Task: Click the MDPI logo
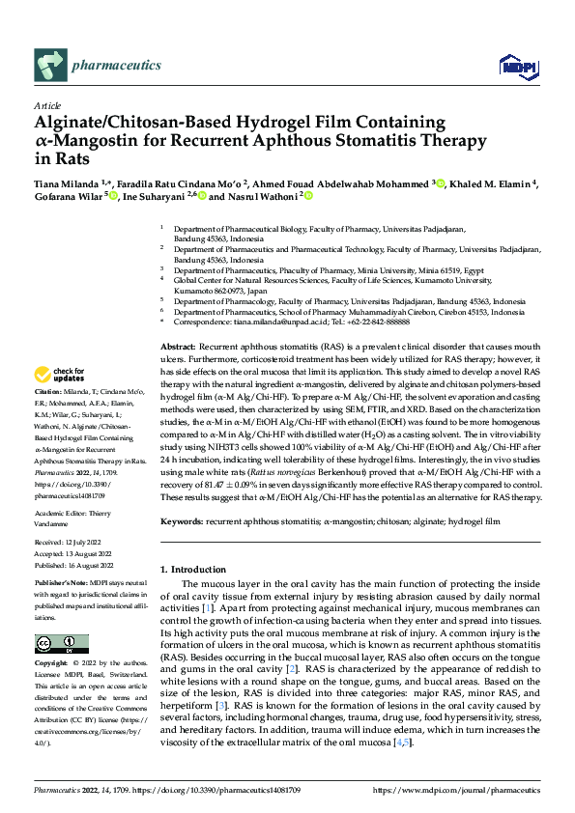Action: pyautogui.click(x=512, y=67)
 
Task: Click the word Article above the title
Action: pyautogui.click(x=47, y=105)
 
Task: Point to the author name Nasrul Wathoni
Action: pyautogui.click(x=262, y=196)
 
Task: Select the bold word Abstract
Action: pyautogui.click(x=179, y=346)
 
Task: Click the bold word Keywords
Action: pyautogui.click(x=183, y=520)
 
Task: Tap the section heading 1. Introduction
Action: pyautogui.click(x=200, y=570)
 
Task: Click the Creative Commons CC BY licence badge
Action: pyautogui.click(x=61, y=644)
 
